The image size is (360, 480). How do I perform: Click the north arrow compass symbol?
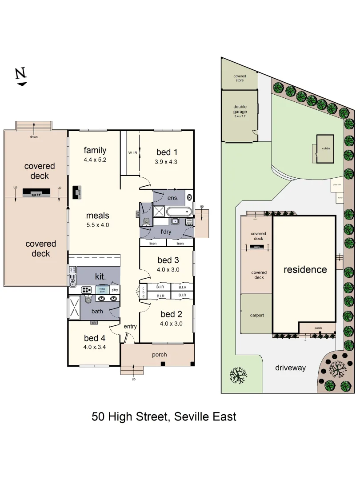(x=21, y=76)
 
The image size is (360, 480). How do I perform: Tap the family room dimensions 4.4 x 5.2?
(x=95, y=160)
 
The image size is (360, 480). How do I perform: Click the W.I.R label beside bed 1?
(x=132, y=153)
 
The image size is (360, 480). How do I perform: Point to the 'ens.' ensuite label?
(x=173, y=197)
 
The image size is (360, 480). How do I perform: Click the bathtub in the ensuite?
(x=180, y=211)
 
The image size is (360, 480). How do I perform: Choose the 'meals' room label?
(x=98, y=216)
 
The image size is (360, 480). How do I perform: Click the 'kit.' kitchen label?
(x=100, y=276)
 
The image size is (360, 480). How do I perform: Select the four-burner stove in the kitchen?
(x=86, y=290)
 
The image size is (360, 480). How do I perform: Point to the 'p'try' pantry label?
(x=115, y=290)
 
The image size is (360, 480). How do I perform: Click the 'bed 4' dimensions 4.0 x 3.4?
(x=94, y=347)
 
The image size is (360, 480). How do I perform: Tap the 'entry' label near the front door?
(x=130, y=327)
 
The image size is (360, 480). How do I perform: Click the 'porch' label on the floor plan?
(x=160, y=354)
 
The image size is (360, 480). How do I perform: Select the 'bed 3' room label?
(x=168, y=260)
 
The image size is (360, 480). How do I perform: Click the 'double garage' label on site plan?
(x=240, y=109)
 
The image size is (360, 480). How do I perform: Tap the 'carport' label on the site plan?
(x=257, y=315)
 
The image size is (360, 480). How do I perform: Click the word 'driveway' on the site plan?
(x=291, y=368)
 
